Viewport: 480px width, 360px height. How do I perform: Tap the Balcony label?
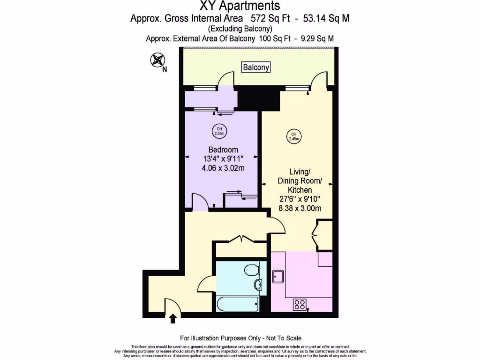(x=256, y=67)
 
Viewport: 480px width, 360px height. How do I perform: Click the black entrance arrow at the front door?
(x=173, y=319)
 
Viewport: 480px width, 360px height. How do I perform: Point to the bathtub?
(x=237, y=304)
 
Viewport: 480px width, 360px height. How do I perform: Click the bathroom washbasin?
(x=259, y=285)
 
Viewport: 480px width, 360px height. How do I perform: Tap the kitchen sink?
(x=278, y=277)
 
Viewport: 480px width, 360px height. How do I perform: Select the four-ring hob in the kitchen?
(x=300, y=305)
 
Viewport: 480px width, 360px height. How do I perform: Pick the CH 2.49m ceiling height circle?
(x=294, y=136)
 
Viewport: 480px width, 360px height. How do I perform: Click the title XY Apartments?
(x=240, y=6)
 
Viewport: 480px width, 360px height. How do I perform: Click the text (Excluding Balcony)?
(x=240, y=29)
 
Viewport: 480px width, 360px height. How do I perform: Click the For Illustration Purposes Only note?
(x=240, y=338)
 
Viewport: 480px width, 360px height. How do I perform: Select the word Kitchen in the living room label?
(x=300, y=190)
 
